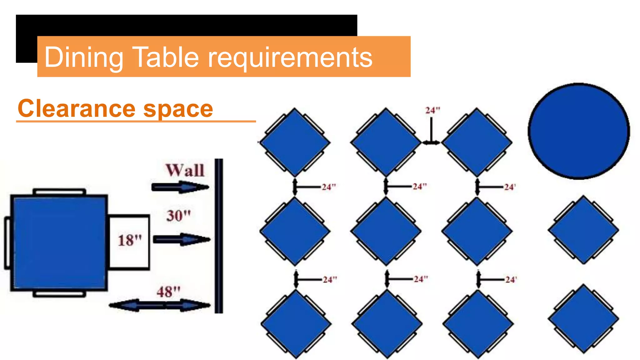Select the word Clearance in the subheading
point(76,108)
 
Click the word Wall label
point(185,171)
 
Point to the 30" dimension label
point(178,216)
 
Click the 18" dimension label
point(130,241)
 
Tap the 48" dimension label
point(168,292)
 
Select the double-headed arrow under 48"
point(160,305)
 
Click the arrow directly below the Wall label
point(180,187)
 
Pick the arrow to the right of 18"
point(182,240)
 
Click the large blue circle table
point(579,131)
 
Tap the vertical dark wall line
point(219,236)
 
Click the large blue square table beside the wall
point(59,243)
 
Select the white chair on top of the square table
point(59,192)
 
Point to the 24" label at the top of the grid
point(433,110)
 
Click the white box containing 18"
point(129,242)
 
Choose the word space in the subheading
point(178,109)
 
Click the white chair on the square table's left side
point(7,243)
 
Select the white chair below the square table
point(59,294)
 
